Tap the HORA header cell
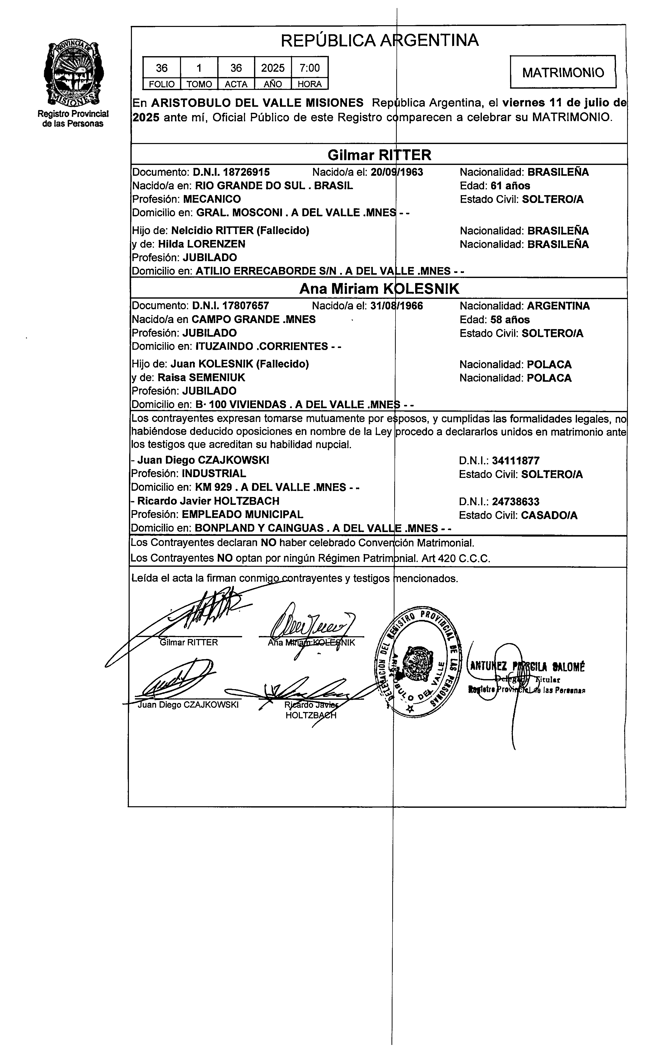(309, 84)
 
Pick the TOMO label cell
(199, 84)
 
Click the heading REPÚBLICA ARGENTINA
(379, 41)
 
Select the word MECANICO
(212, 199)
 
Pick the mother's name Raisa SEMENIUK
(201, 378)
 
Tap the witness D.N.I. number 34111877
(516, 461)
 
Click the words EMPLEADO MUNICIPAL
(243, 514)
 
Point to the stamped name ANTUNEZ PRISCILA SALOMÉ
(527, 666)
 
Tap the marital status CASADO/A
(549, 515)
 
